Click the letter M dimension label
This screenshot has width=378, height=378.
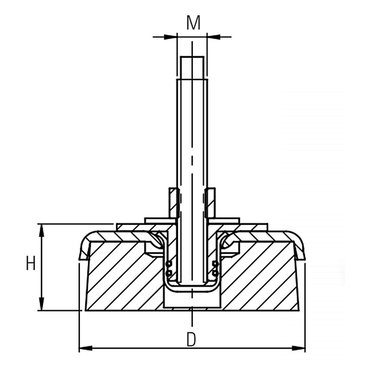(x=193, y=23)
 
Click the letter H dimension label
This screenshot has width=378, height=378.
(x=31, y=263)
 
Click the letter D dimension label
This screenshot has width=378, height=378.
(x=191, y=339)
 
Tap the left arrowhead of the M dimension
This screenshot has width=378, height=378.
(x=170, y=37)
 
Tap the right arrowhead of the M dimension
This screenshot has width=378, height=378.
(x=214, y=37)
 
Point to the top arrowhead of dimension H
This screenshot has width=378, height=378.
(x=42, y=231)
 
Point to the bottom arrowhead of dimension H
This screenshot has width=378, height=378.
(x=42, y=304)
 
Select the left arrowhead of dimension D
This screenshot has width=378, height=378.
(x=86, y=348)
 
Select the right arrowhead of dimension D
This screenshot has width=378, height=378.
(x=299, y=348)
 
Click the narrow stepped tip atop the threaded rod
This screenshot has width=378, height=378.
(x=193, y=68)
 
